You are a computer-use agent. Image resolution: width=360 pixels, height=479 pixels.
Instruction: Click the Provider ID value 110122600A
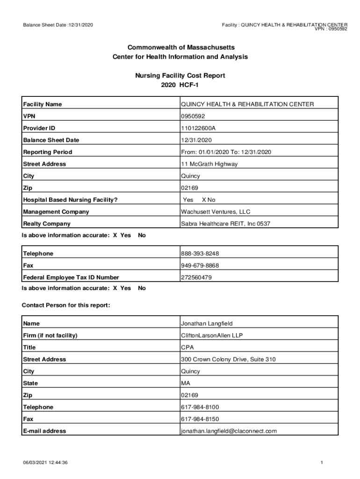click(x=198, y=128)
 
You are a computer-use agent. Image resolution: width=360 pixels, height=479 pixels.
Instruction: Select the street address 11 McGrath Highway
click(x=209, y=164)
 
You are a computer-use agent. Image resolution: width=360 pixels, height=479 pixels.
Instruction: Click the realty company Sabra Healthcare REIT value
click(x=225, y=224)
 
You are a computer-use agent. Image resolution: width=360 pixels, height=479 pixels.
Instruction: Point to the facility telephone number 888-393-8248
click(x=200, y=254)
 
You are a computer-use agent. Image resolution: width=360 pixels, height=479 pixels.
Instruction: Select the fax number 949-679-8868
click(x=200, y=266)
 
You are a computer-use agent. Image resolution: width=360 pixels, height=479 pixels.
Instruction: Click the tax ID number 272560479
click(x=196, y=277)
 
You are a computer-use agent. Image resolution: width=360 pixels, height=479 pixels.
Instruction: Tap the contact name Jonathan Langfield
click(x=207, y=324)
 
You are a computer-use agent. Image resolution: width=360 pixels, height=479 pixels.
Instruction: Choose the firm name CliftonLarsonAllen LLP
click(x=212, y=335)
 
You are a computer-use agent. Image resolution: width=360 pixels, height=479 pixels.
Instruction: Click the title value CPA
click(x=187, y=348)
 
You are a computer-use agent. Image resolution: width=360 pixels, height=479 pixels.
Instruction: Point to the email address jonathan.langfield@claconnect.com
click(x=229, y=431)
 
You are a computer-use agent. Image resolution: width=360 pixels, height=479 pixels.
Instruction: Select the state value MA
click(x=186, y=383)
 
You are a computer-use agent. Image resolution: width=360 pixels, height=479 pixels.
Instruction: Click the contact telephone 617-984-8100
click(x=200, y=407)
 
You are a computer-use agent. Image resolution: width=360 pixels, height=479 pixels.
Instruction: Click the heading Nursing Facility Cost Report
click(x=180, y=75)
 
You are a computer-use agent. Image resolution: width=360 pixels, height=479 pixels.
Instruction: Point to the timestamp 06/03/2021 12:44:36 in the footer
click(x=46, y=463)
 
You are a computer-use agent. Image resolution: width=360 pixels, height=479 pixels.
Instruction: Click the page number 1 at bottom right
click(x=322, y=463)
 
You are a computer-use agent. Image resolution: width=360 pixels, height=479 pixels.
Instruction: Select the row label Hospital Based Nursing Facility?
click(x=70, y=200)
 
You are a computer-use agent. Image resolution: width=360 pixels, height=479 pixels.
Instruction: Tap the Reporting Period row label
click(x=48, y=152)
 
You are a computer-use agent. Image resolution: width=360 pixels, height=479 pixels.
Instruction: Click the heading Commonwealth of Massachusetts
click(x=180, y=48)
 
